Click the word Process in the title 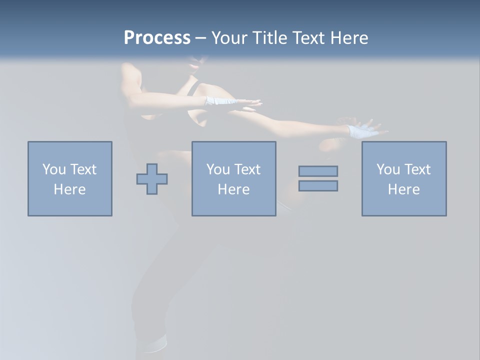pos(157,38)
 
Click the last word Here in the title pos(349,38)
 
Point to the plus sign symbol pos(152,179)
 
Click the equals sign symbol pos(318,178)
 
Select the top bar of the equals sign pos(318,171)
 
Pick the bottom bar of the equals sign pos(318,185)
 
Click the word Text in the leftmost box pos(83,169)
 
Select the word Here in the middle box pos(233,189)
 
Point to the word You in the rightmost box pos(388,169)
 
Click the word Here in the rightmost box pos(403,189)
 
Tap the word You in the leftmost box pos(54,169)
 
